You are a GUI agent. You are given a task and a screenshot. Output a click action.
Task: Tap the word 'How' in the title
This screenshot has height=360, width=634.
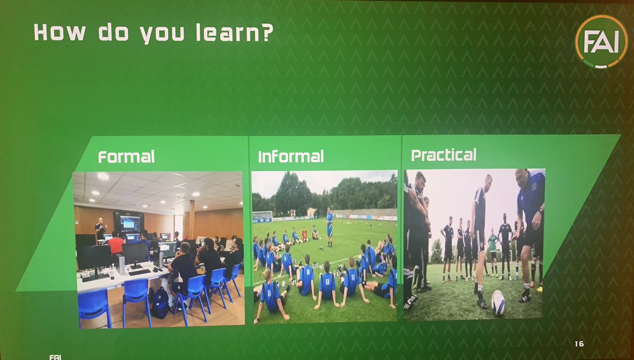pyautogui.click(x=60, y=32)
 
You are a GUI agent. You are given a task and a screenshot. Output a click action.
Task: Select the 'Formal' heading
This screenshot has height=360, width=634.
pyautogui.click(x=126, y=157)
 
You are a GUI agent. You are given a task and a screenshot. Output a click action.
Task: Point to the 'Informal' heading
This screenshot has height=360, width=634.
pyautogui.click(x=291, y=157)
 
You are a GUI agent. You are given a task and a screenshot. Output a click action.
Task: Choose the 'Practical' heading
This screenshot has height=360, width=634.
pyautogui.click(x=443, y=155)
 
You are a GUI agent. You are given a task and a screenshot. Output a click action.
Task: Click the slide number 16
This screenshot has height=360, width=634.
pyautogui.click(x=579, y=344)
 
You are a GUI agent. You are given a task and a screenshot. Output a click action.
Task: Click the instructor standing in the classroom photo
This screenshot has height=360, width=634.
pyautogui.click(x=100, y=229)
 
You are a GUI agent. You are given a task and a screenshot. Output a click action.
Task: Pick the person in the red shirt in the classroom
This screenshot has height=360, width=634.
pyautogui.click(x=116, y=245)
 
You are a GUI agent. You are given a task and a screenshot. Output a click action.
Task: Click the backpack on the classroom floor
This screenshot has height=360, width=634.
pyautogui.click(x=160, y=303)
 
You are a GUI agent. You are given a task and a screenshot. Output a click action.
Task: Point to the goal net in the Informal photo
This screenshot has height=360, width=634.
pyautogui.click(x=262, y=216)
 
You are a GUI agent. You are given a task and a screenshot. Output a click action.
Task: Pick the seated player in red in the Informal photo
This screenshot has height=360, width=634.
pyautogui.click(x=305, y=234)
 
